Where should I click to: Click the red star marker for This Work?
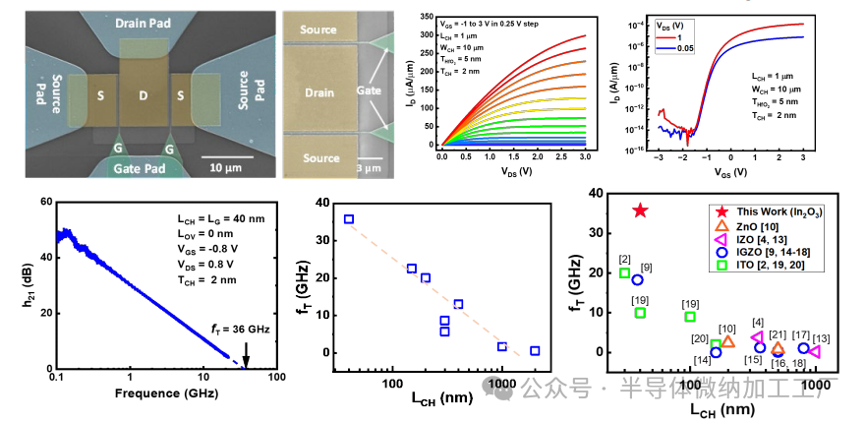[640, 211]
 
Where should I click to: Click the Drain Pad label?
[144, 22]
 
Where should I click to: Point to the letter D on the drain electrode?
[144, 96]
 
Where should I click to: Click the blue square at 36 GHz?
[349, 219]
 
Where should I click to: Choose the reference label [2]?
[624, 260]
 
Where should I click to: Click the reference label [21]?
[778, 334]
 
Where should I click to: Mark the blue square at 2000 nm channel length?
[535, 351]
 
